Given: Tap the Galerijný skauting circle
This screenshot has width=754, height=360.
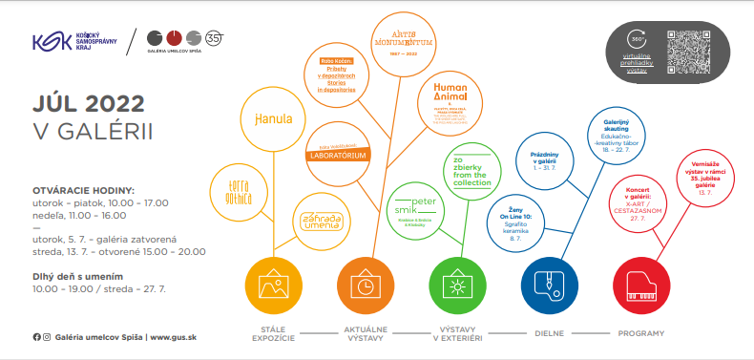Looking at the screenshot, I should pos(624,136).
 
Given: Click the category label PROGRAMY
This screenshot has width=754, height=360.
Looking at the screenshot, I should pos(641,334).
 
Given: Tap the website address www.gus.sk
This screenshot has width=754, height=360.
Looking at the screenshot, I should pos(175,336).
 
